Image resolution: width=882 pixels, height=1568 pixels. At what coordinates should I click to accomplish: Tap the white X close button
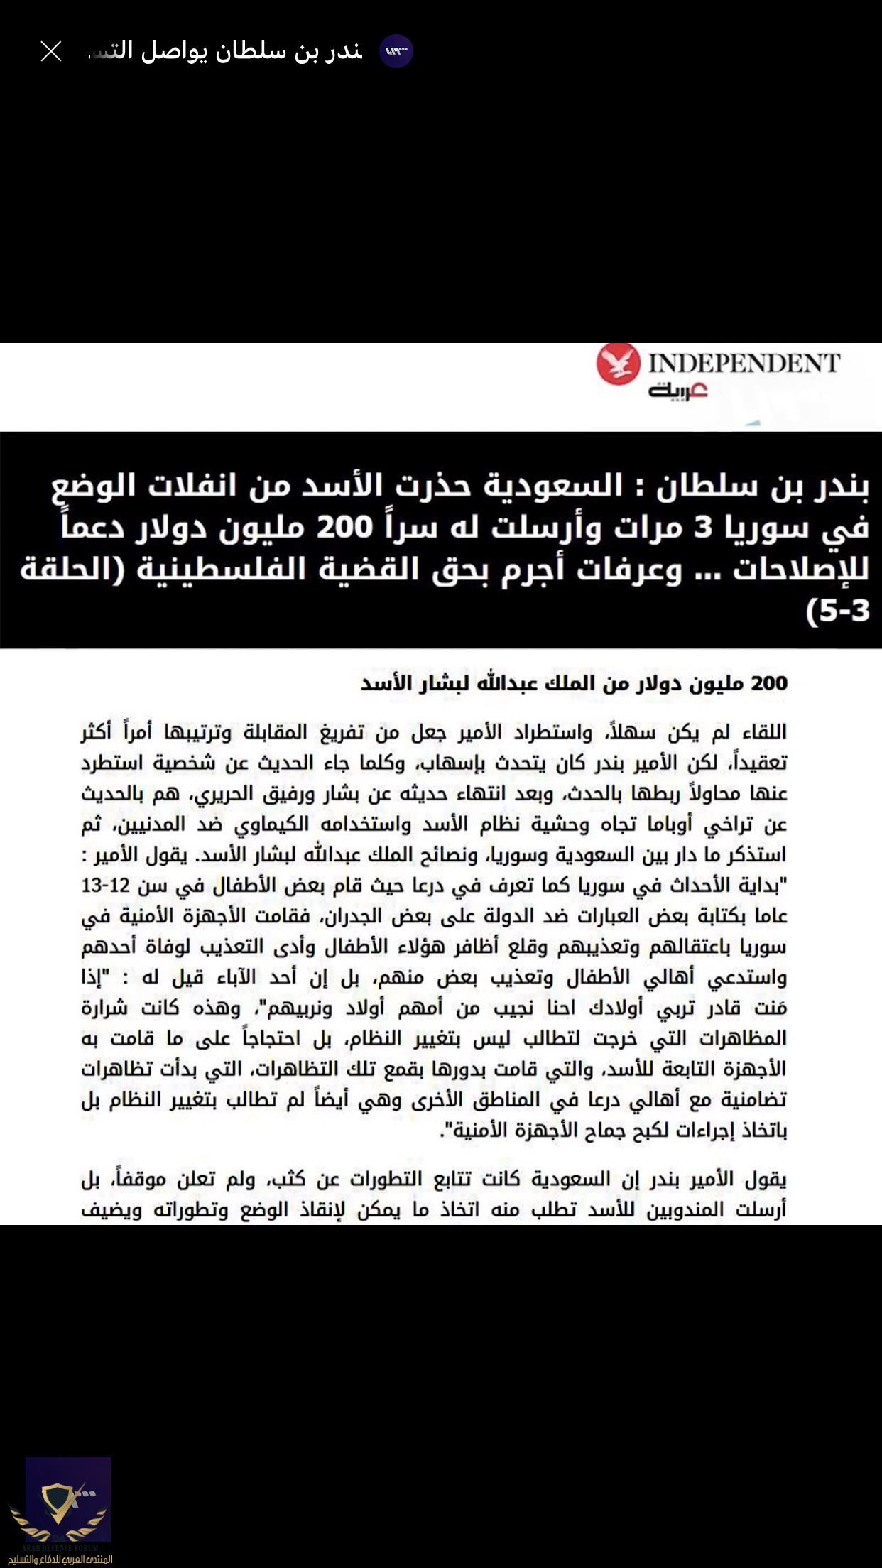click(x=51, y=51)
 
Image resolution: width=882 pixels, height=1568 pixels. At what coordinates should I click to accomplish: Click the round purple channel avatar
click(x=396, y=51)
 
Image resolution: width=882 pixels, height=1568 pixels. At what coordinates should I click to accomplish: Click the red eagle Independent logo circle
click(x=618, y=364)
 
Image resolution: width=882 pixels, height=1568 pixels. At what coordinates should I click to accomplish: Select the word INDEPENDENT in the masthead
click(x=744, y=363)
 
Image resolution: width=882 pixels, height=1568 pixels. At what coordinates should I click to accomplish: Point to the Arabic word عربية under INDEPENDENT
click(x=677, y=391)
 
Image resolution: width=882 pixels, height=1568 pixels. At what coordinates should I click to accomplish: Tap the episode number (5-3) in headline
click(x=839, y=611)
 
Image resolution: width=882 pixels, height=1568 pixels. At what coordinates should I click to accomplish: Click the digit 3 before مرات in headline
click(x=702, y=528)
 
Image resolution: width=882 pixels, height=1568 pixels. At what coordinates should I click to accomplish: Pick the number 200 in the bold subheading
click(x=770, y=683)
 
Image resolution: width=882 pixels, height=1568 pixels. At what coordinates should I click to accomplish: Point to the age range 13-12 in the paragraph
click(x=105, y=886)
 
